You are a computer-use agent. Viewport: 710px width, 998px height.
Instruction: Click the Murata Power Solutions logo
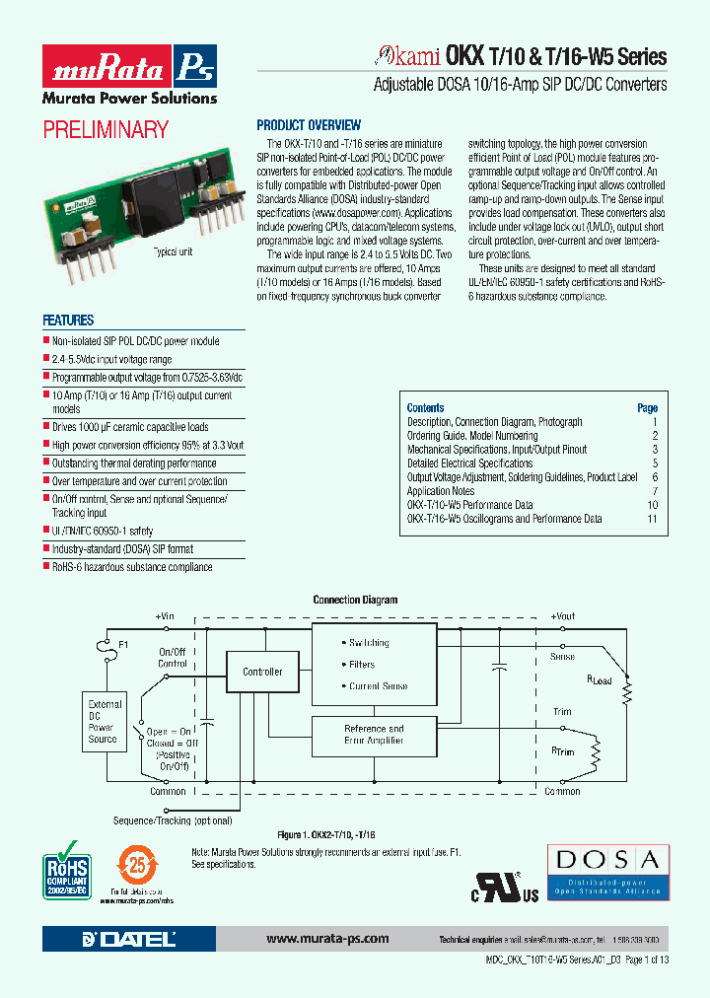(129, 76)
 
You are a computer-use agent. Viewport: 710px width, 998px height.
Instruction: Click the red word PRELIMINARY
(106, 129)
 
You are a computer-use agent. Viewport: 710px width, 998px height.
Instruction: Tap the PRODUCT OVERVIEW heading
(309, 125)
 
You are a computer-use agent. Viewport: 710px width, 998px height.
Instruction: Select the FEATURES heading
(68, 321)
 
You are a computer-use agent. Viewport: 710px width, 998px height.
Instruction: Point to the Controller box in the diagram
(262, 672)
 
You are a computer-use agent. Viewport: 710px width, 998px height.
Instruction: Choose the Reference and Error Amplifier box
(374, 735)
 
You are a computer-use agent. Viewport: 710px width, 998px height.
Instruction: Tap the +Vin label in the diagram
(164, 615)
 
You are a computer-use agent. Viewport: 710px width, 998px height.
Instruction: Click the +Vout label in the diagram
(562, 615)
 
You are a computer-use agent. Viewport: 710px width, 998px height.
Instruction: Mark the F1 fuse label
(124, 644)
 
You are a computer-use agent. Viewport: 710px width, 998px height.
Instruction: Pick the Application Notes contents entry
(441, 491)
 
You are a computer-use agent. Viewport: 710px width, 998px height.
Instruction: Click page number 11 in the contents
(652, 519)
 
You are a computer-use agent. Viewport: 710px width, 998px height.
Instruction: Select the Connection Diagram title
(355, 600)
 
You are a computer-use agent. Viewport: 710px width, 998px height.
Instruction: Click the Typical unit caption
(172, 252)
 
